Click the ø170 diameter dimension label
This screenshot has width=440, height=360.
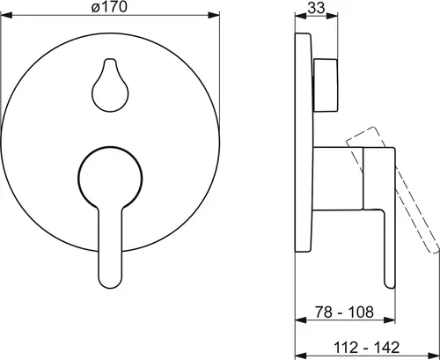pyautogui.click(x=109, y=6)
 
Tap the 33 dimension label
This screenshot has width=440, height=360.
pyautogui.click(x=316, y=7)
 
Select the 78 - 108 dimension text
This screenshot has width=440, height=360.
pyautogui.click(x=344, y=312)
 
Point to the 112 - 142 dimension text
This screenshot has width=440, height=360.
pyautogui.click(x=367, y=348)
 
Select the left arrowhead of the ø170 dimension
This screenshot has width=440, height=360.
pyautogui.click(x=6, y=15)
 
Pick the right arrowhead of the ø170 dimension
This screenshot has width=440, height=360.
pyautogui.click(x=214, y=15)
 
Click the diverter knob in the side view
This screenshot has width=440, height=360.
pyautogui.click(x=326, y=85)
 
